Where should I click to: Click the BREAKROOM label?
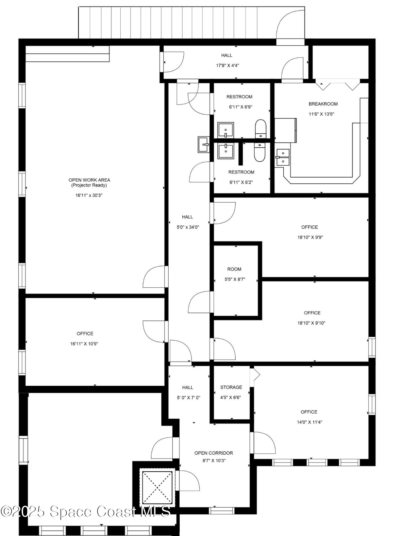pyautogui.click(x=323, y=104)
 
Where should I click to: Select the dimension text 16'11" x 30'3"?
pyautogui.click(x=89, y=195)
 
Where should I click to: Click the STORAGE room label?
pyautogui.click(x=231, y=387)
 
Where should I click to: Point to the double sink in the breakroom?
pyautogui.click(x=283, y=158)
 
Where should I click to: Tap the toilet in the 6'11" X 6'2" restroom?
pyautogui.click(x=259, y=152)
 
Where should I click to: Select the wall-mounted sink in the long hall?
pyautogui.click(x=204, y=144)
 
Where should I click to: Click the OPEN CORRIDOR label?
pyautogui.click(x=214, y=453)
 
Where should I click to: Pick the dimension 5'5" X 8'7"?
pyautogui.click(x=235, y=279)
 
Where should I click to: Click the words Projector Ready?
pyautogui.click(x=89, y=185)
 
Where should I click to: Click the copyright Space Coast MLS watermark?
pyautogui.click(x=85, y=511)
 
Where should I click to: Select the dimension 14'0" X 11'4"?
pyautogui.click(x=309, y=422)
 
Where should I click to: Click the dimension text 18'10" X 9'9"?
pyautogui.click(x=310, y=237)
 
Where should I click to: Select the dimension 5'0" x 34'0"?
pyautogui.click(x=188, y=227)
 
